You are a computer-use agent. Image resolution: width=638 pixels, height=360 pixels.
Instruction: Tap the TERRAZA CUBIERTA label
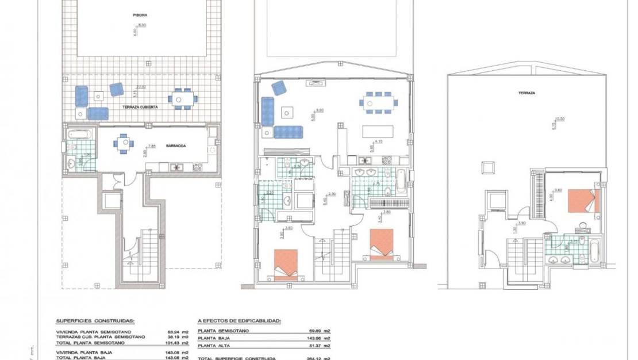tap(140, 107)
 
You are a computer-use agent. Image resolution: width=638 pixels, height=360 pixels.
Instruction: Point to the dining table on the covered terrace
tap(180, 99)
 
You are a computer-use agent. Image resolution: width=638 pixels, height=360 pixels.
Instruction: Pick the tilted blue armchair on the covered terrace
tap(117, 89)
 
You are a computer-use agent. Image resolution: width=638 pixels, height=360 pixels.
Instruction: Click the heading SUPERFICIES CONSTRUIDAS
tap(95, 321)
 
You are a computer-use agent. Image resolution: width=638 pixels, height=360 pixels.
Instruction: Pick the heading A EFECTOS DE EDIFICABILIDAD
tap(243, 321)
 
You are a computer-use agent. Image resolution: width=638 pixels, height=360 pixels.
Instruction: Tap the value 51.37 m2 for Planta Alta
tap(321, 346)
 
